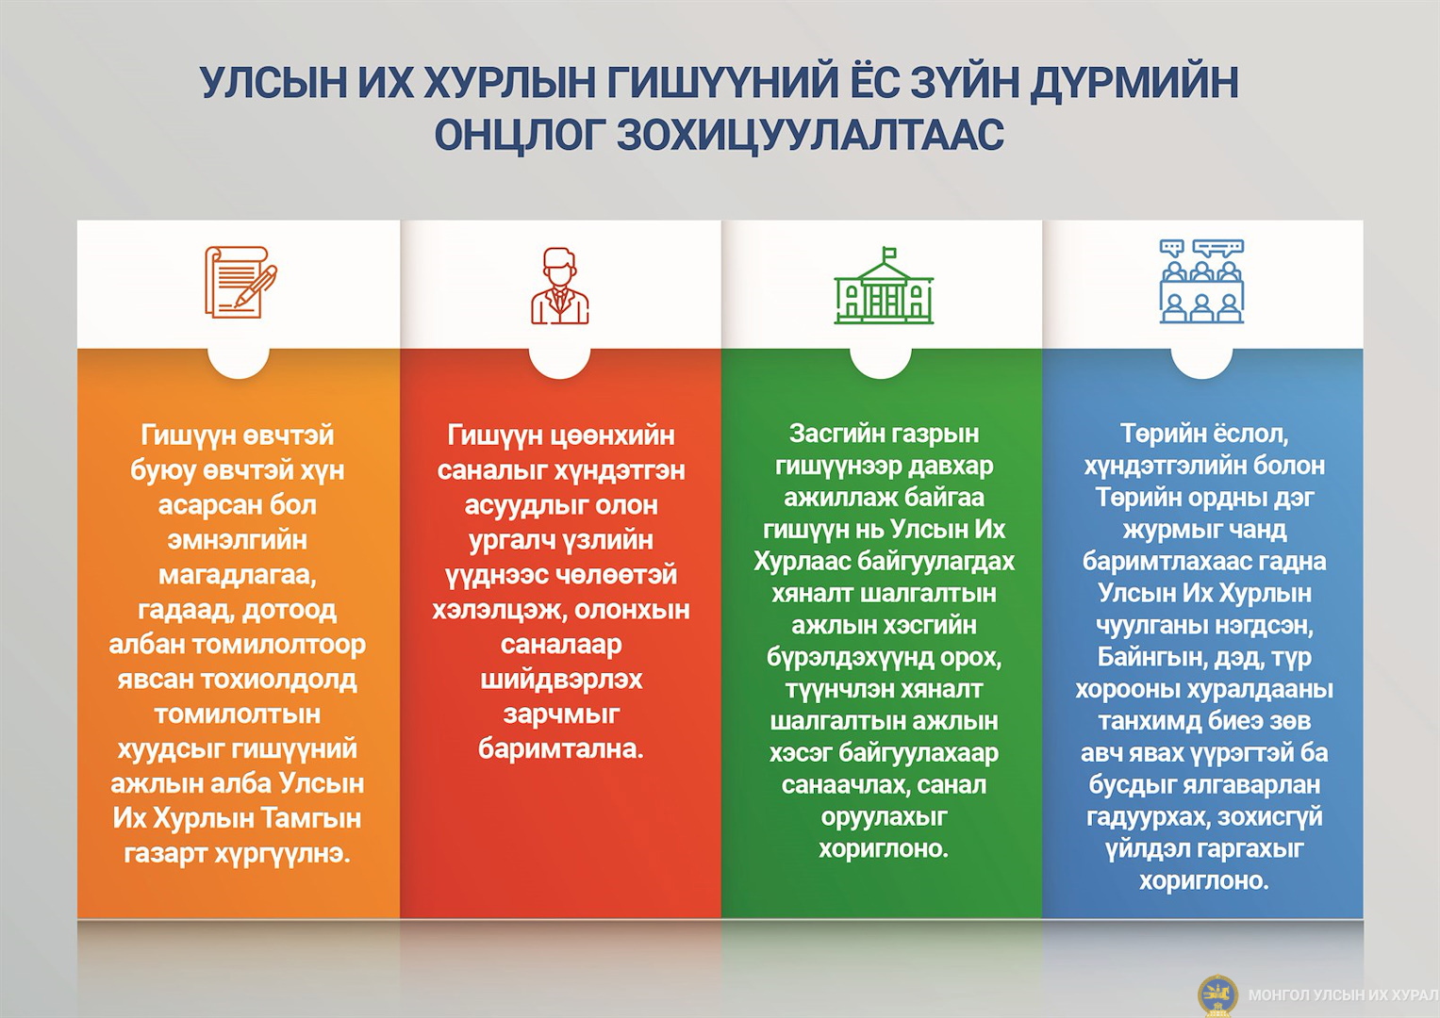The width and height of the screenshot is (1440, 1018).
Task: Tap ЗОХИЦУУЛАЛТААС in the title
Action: [811, 134]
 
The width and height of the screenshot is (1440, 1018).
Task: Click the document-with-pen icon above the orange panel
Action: [240, 282]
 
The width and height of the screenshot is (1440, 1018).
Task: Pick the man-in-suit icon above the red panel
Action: [560, 286]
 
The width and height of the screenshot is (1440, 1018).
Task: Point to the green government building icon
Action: [884, 286]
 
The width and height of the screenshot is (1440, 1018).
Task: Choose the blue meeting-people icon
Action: [1201, 282]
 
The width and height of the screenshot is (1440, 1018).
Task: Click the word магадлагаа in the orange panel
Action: [238, 575]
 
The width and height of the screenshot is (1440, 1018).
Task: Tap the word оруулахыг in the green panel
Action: [884, 817]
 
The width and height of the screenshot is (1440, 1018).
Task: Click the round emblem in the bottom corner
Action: [1217, 995]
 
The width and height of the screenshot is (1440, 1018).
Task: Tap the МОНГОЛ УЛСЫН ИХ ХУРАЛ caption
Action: [1343, 995]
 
